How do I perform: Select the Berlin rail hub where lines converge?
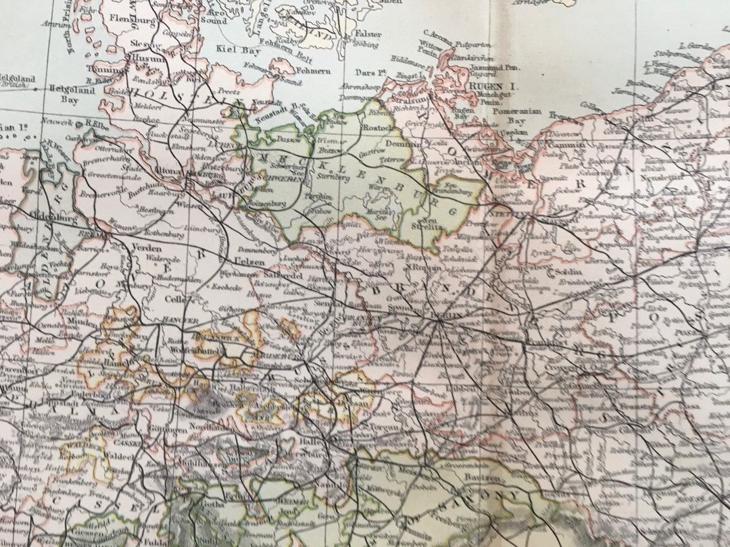pos(440,321)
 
